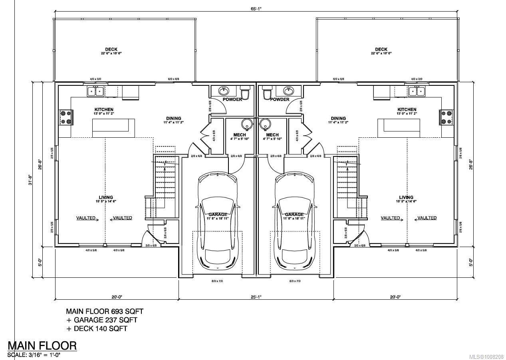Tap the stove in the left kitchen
[65, 117]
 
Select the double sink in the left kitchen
[95, 91]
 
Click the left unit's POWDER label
[232, 99]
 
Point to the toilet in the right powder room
[266, 93]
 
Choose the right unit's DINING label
[338, 119]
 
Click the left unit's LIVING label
[105, 197]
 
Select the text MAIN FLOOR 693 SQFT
[105, 311]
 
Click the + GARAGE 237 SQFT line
[101, 320]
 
